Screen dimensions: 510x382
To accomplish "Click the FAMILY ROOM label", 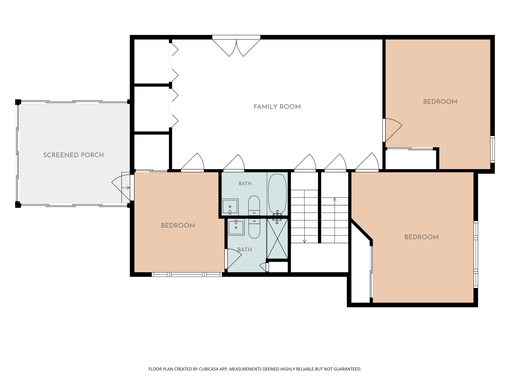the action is click(x=277, y=107).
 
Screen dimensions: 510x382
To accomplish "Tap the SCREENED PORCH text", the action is click(x=73, y=155).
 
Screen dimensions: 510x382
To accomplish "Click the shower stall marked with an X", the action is click(x=277, y=239).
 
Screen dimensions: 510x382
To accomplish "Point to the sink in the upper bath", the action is click(x=230, y=207).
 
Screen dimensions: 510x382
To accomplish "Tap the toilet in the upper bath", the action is click(x=254, y=206).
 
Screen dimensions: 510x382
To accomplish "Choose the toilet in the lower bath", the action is click(x=254, y=229).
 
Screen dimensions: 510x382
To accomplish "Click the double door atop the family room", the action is click(x=236, y=46).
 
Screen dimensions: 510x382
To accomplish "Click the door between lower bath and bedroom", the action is click(x=233, y=259).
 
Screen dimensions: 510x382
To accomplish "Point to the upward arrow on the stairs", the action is click(x=335, y=220).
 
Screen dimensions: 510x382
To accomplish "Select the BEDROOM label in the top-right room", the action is click(x=440, y=102).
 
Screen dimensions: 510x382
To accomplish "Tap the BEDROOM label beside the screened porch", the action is click(x=178, y=226).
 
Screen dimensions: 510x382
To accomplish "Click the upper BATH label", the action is click(x=245, y=184).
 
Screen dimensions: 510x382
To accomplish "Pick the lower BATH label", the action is click(x=244, y=250).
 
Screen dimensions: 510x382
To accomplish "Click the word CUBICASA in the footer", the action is click(x=209, y=369).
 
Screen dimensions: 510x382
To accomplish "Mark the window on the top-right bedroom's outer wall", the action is click(x=492, y=149).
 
